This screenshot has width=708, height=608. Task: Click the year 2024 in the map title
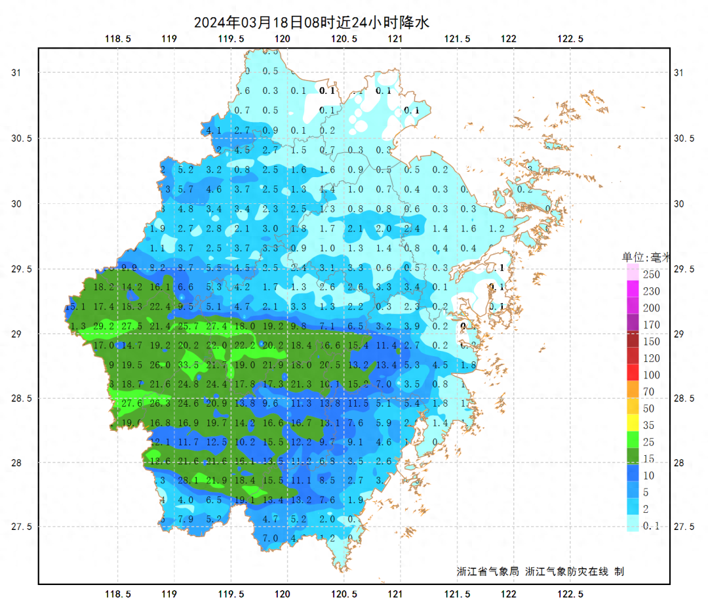pos(209,22)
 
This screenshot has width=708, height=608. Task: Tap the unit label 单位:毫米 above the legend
pos(646,257)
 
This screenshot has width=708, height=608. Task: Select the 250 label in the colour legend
pos(651,274)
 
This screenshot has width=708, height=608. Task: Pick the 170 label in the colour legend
pos(651,325)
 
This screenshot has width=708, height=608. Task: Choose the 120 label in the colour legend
pos(651,358)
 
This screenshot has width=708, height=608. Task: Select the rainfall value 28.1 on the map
pos(188,481)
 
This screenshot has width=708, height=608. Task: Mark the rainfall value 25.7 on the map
pos(188,326)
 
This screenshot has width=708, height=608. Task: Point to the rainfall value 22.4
pos(160,306)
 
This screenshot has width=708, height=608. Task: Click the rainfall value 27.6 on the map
pos(132,403)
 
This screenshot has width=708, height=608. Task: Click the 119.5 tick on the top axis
pos(231,39)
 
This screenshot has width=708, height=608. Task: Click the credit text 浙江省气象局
pos(488,571)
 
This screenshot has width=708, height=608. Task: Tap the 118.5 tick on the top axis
pos(118,39)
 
